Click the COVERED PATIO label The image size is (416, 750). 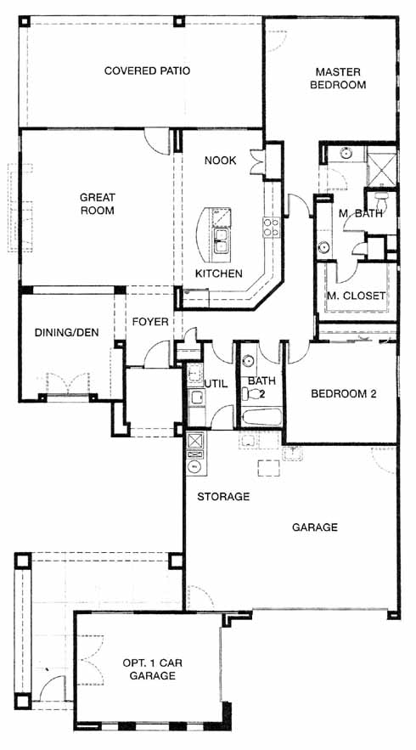[x=147, y=71]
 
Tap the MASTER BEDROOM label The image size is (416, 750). [x=338, y=78]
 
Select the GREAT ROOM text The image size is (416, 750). [x=97, y=203]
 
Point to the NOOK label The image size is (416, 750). [x=221, y=161]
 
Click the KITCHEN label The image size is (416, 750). [x=219, y=273]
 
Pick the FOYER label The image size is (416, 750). [x=150, y=322]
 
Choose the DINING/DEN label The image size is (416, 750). [x=67, y=332]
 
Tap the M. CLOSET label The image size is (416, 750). [x=356, y=296]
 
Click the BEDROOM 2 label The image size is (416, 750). [x=344, y=394]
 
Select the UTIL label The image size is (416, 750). [x=216, y=383]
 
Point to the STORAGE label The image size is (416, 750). [x=223, y=497]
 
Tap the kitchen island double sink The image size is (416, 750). [x=221, y=240]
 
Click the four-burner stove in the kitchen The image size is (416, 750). [x=271, y=227]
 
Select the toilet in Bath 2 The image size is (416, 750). [x=254, y=393]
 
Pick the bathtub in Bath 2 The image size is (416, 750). [x=262, y=417]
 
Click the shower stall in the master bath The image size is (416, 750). [x=381, y=169]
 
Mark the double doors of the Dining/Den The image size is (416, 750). [x=67, y=383]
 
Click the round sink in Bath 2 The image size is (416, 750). [x=248, y=360]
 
